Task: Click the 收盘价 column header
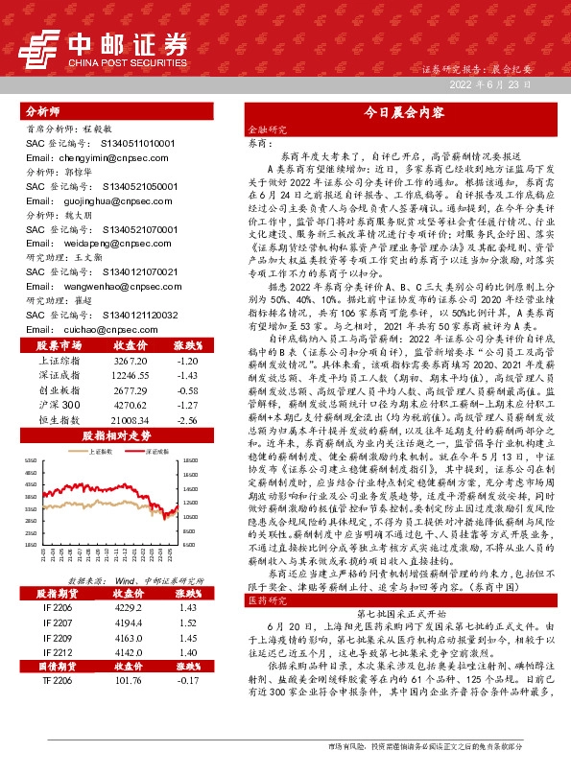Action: (x=130, y=344)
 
